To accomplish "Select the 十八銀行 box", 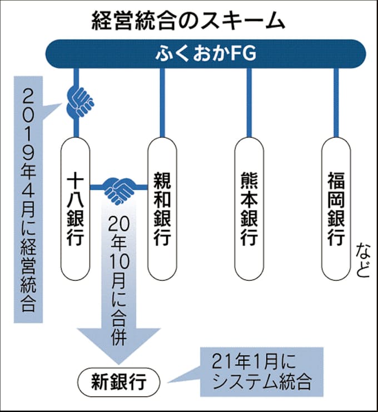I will click(x=76, y=209).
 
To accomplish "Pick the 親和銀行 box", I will click(x=162, y=209).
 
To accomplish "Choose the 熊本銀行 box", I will click(x=248, y=209).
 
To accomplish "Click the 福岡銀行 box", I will click(x=335, y=209).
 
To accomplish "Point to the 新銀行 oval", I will click(x=118, y=382).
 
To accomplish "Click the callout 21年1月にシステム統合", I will click(x=261, y=371).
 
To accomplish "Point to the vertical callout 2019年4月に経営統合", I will click(x=29, y=200).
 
